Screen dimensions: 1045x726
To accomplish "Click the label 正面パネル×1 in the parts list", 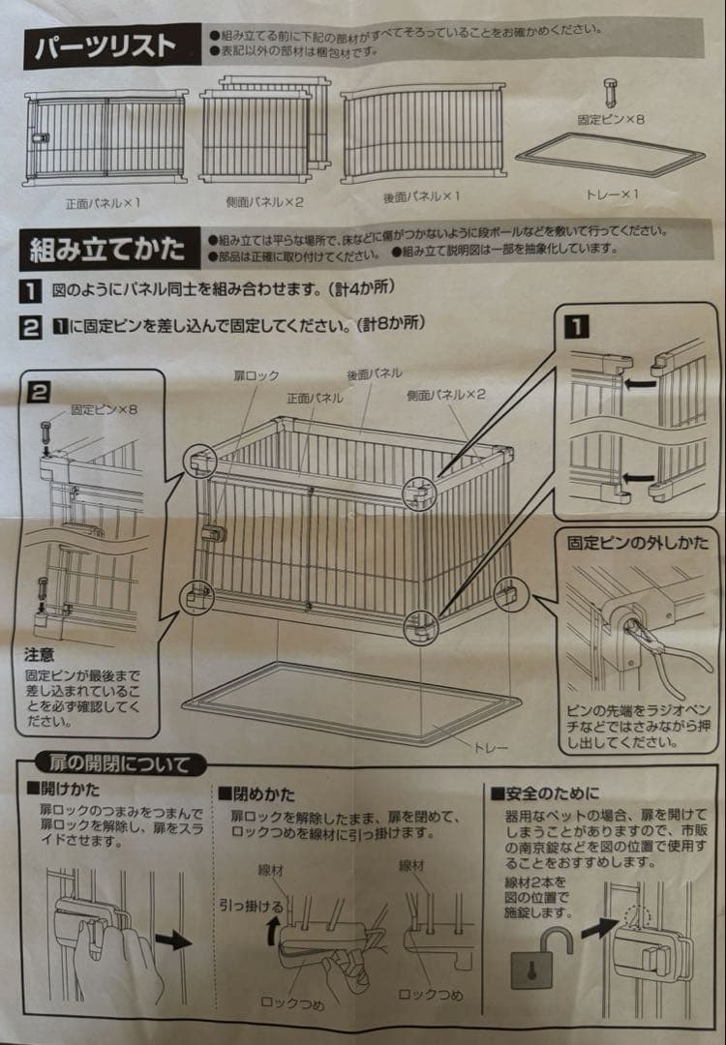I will pyautogui.click(x=103, y=204).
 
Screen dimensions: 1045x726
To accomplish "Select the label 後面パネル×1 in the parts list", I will pyautogui.click(x=420, y=196).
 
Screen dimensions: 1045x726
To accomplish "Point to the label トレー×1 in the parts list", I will pyautogui.click(x=613, y=194).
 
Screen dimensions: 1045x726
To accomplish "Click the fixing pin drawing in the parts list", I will pyautogui.click(x=612, y=94).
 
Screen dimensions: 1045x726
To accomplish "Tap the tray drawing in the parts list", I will pyautogui.click(x=610, y=155).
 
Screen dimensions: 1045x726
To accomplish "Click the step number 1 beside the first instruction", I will pyautogui.click(x=32, y=289).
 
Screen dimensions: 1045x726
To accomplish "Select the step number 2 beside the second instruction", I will pyautogui.click(x=32, y=326).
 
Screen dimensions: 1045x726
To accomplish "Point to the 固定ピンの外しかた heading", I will pyautogui.click(x=639, y=543).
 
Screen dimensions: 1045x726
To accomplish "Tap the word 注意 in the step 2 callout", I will pyautogui.click(x=41, y=655).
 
